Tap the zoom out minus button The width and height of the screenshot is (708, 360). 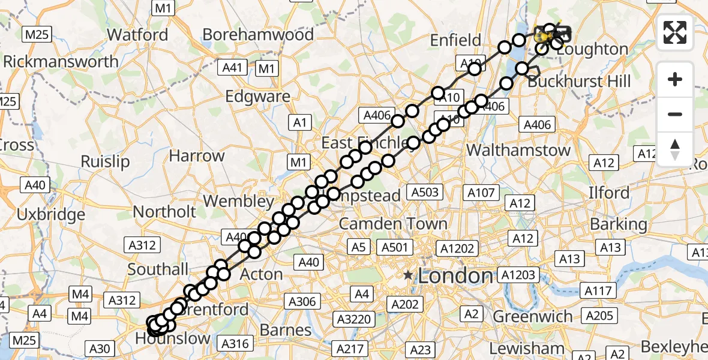click(x=675, y=114)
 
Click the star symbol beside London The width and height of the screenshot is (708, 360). click(x=409, y=275)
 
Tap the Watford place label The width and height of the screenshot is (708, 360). click(x=137, y=35)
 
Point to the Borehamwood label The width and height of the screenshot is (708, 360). click(x=258, y=35)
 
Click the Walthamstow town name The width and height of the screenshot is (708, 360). click(x=518, y=150)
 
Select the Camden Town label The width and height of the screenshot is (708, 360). click(x=393, y=224)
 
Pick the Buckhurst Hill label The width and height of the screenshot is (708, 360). click(x=579, y=80)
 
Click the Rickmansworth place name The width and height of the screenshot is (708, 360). click(x=61, y=62)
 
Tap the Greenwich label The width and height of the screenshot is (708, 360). click(x=533, y=316)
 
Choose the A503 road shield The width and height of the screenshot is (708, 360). click(x=425, y=193)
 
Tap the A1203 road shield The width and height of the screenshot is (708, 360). click(x=518, y=275)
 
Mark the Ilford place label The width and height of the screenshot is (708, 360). click(x=608, y=193)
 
